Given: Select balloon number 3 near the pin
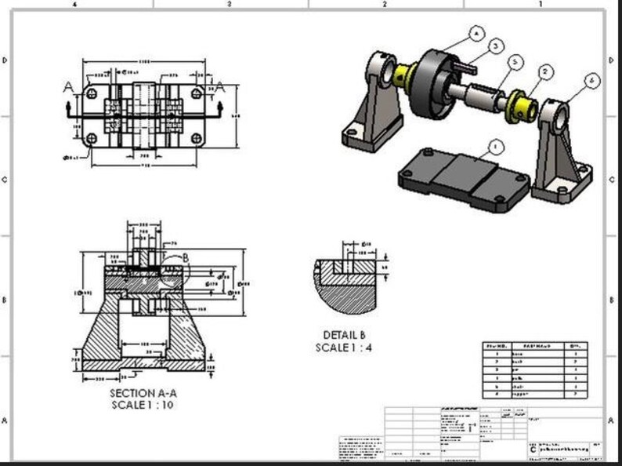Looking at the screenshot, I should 496,46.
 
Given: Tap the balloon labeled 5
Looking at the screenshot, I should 515,61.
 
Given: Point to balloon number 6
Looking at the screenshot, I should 591,81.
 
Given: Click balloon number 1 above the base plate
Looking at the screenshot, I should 494,147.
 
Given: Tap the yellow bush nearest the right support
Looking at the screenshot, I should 520,104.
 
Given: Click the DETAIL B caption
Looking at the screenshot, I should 344,335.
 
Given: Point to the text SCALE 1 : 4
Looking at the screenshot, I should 344,347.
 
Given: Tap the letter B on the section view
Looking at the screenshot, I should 185,257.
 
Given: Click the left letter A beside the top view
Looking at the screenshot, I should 69,87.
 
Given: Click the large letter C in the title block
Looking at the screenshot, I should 533,449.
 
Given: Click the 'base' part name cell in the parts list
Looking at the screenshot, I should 518,354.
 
